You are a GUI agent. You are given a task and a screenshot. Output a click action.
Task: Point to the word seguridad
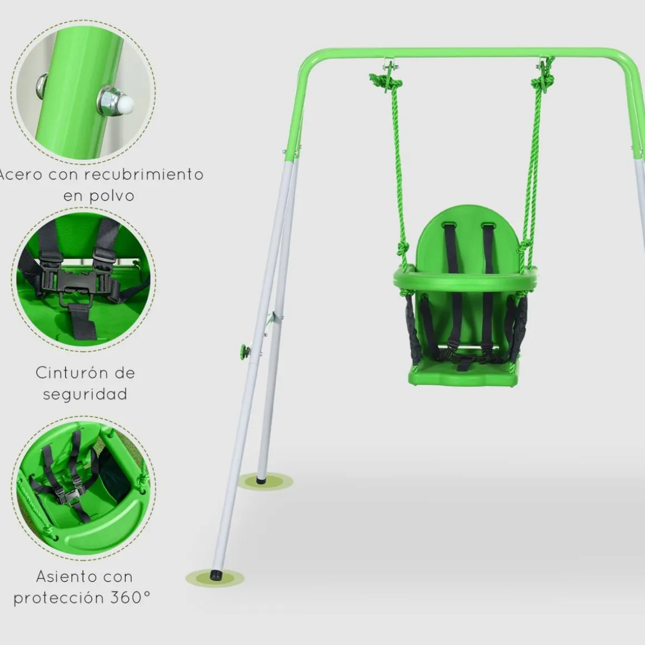point(85,394)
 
